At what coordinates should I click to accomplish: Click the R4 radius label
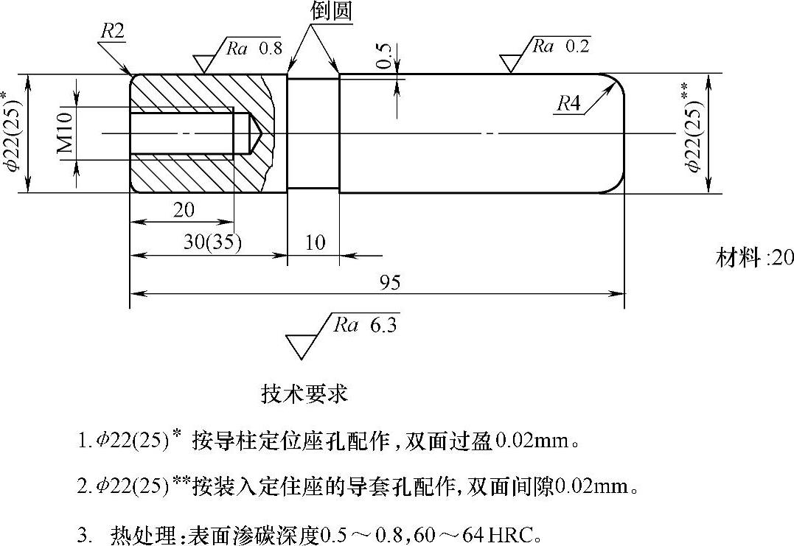coord(568,103)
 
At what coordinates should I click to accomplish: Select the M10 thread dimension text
coord(65,133)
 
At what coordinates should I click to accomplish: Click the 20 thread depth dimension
coord(184,210)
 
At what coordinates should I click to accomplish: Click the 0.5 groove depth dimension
coord(384,56)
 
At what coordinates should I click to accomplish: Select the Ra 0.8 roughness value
coord(254,49)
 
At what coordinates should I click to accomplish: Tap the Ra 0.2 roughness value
coord(561,46)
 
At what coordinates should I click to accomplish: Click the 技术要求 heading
coord(304,393)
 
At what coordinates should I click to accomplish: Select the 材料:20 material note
coord(754,257)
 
